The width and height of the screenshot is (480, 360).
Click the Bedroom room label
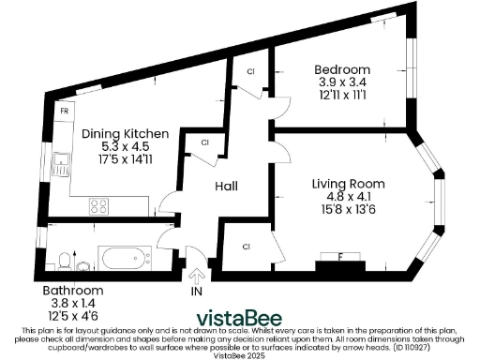point(341,69)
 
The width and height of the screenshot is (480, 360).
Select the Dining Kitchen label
point(125,135)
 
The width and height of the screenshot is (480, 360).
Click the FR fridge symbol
point(65,112)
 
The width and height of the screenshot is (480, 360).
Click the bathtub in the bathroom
point(125,257)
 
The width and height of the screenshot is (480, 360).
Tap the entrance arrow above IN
point(197,275)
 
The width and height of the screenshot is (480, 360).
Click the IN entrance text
point(197,292)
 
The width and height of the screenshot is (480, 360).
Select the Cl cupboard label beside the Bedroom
point(250,71)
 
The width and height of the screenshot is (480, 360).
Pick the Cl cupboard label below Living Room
point(247,247)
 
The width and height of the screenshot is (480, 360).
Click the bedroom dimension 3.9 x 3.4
point(341,82)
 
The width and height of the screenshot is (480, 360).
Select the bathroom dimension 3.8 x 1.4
point(74,303)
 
